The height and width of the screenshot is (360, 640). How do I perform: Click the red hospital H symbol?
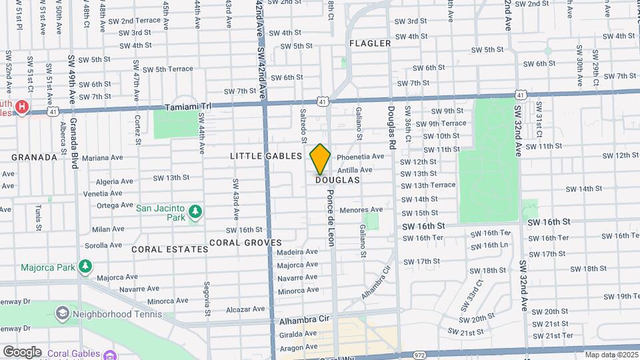tap(22, 107)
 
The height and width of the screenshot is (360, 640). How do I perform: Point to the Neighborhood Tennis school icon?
tap(62, 313)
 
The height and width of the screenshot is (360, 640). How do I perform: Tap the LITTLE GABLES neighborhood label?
tap(266, 155)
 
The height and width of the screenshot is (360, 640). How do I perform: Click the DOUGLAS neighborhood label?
tap(337, 180)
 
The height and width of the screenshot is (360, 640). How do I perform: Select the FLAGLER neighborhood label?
tap(370, 43)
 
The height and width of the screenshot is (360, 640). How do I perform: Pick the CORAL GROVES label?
tap(245, 243)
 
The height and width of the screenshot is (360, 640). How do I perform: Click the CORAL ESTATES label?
tap(170, 249)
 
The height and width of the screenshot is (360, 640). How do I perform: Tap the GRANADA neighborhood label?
tap(33, 157)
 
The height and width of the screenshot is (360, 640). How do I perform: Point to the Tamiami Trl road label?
tap(187, 107)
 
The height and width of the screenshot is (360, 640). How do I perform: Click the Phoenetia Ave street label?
tap(361, 157)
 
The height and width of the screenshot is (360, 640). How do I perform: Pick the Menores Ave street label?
tap(361, 209)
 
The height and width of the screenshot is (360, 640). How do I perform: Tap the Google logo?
tap(22, 351)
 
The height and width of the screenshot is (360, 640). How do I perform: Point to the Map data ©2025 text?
tap(611, 355)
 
